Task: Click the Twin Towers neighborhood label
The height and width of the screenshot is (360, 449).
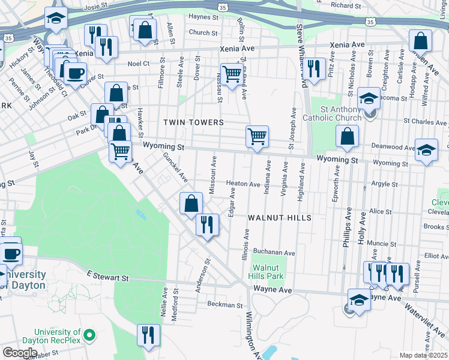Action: tap(193, 122)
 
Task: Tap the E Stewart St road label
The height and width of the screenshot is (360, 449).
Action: tap(107, 277)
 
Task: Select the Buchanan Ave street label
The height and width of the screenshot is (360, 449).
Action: tap(274, 253)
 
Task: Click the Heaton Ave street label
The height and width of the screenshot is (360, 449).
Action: tap(243, 184)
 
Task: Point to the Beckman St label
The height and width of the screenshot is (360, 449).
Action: tap(224, 305)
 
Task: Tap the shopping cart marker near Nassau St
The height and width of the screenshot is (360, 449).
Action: tap(232, 73)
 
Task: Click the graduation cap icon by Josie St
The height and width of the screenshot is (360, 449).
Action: tap(56, 19)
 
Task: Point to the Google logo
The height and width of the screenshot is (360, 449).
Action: tap(20, 353)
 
